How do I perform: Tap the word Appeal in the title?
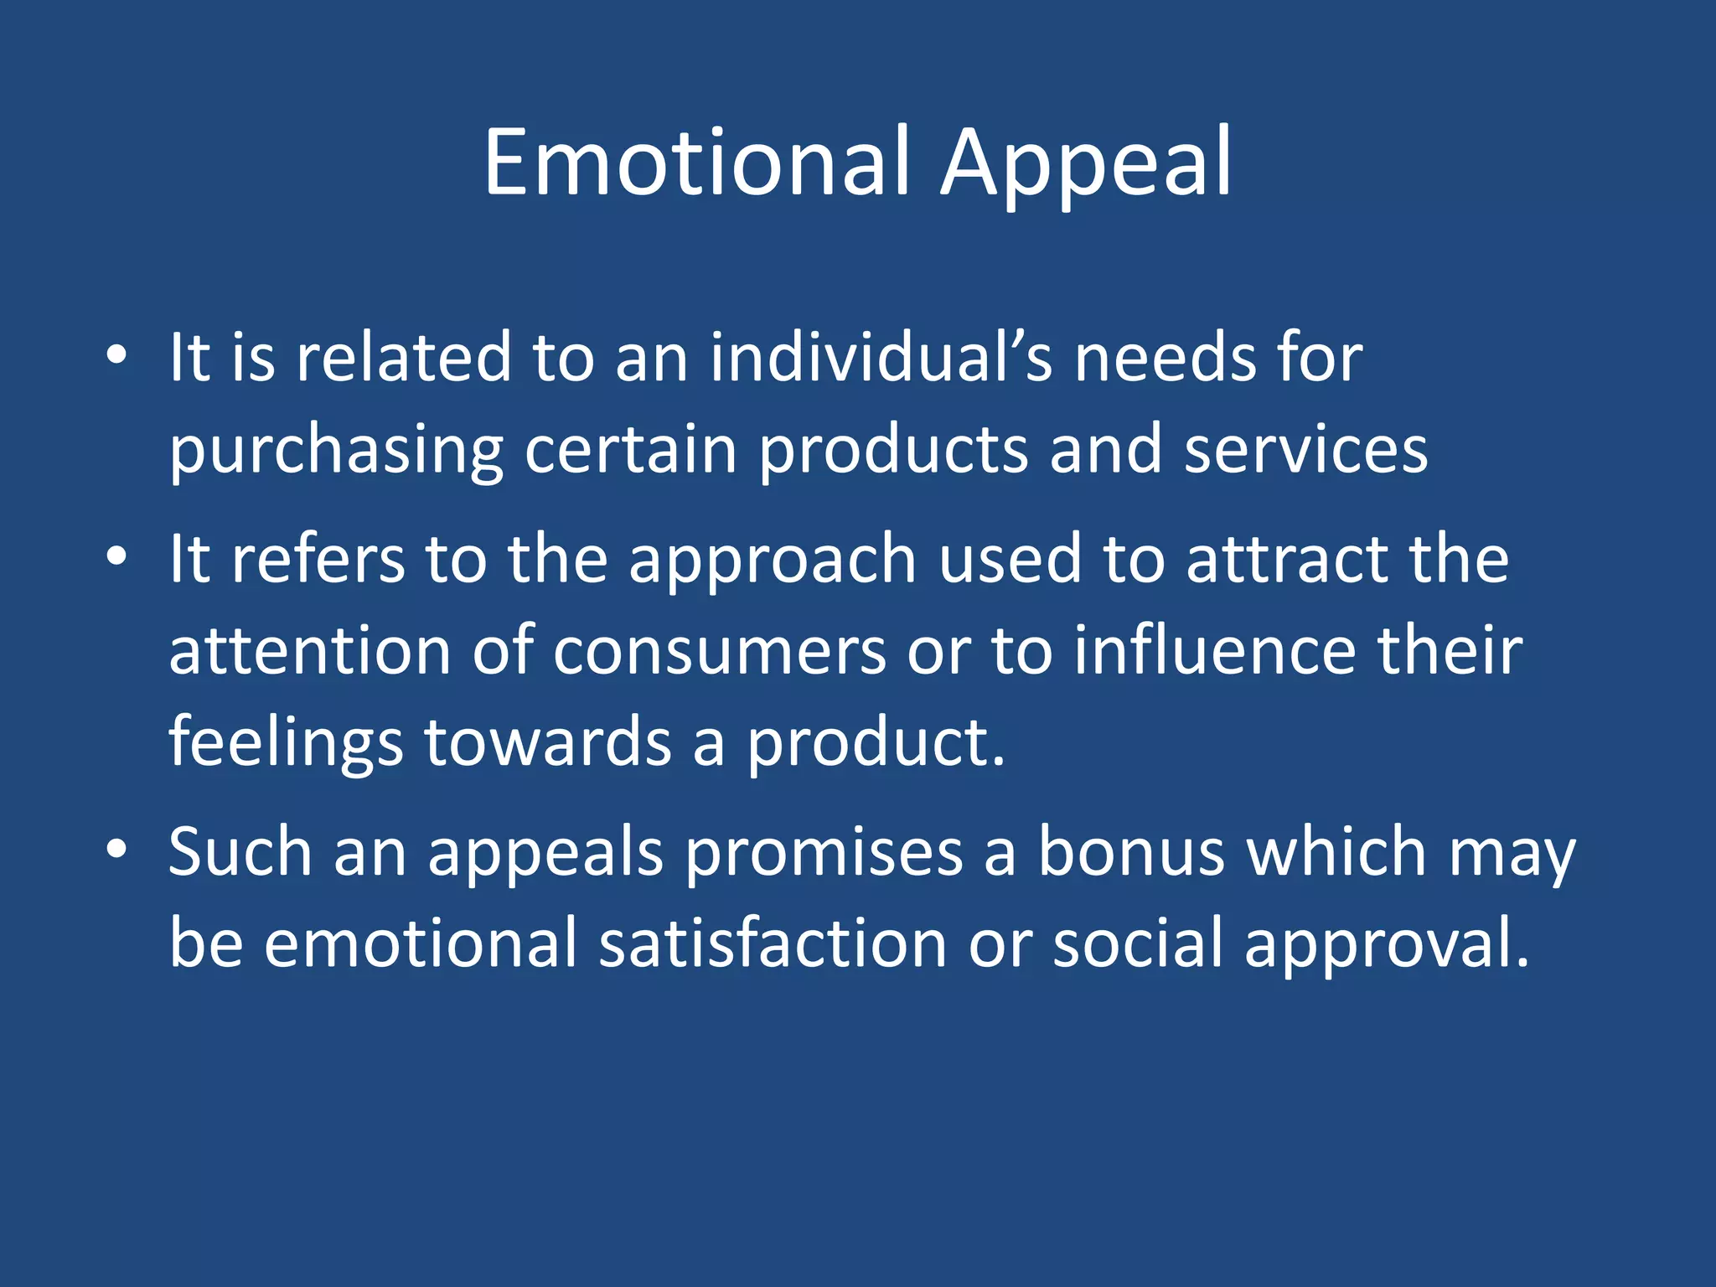tap(1086, 164)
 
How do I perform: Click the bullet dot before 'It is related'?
tap(117, 355)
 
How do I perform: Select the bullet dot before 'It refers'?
tap(117, 556)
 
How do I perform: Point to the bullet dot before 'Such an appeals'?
tap(117, 850)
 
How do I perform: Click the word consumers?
tap(719, 650)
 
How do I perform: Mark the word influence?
tap(1215, 650)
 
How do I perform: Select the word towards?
tap(549, 742)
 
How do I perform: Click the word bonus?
tap(1131, 851)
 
